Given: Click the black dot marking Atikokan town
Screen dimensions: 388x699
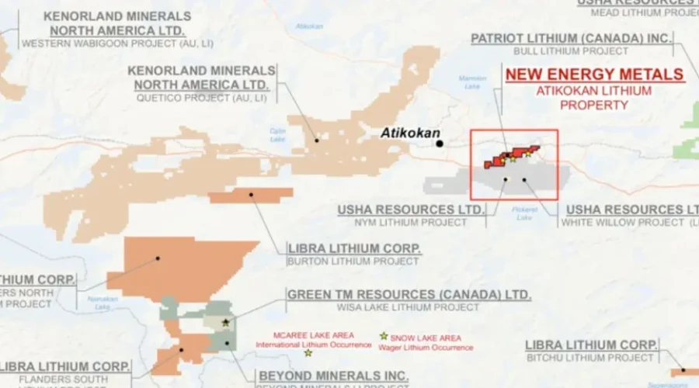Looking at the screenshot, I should click(440, 144).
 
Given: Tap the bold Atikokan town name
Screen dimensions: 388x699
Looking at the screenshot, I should click(410, 133).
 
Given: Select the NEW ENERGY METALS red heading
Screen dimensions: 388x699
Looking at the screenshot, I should click(595, 74).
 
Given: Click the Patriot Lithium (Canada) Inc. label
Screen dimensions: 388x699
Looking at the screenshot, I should click(572, 37).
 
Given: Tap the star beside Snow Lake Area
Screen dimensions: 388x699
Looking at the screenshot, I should click(383, 336).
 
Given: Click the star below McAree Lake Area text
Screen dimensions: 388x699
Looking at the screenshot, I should click(308, 353).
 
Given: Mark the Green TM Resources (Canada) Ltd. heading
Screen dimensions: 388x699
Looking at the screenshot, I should click(409, 295).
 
